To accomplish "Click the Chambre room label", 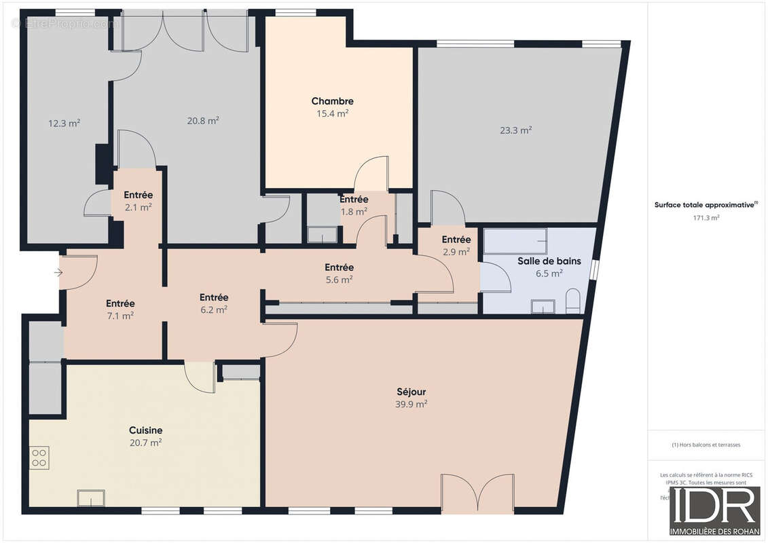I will (332, 101).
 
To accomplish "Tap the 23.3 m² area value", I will (515, 130).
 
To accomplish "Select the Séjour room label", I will (412, 392).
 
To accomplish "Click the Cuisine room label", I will (145, 430).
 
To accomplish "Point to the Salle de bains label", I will (549, 261).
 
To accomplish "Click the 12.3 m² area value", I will (64, 124).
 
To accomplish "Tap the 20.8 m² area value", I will (203, 121).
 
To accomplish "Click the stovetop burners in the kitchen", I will (39, 458).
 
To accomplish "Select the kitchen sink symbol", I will (90, 498).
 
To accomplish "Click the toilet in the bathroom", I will (572, 300).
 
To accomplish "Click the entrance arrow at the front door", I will (58, 273).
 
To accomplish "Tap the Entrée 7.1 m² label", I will (120, 303).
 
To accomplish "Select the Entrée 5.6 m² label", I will (339, 267).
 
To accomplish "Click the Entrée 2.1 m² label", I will (137, 195).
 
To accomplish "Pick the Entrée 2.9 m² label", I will (456, 240).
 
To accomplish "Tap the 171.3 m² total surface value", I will (706, 218).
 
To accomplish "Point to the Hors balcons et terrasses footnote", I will (706, 445).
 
